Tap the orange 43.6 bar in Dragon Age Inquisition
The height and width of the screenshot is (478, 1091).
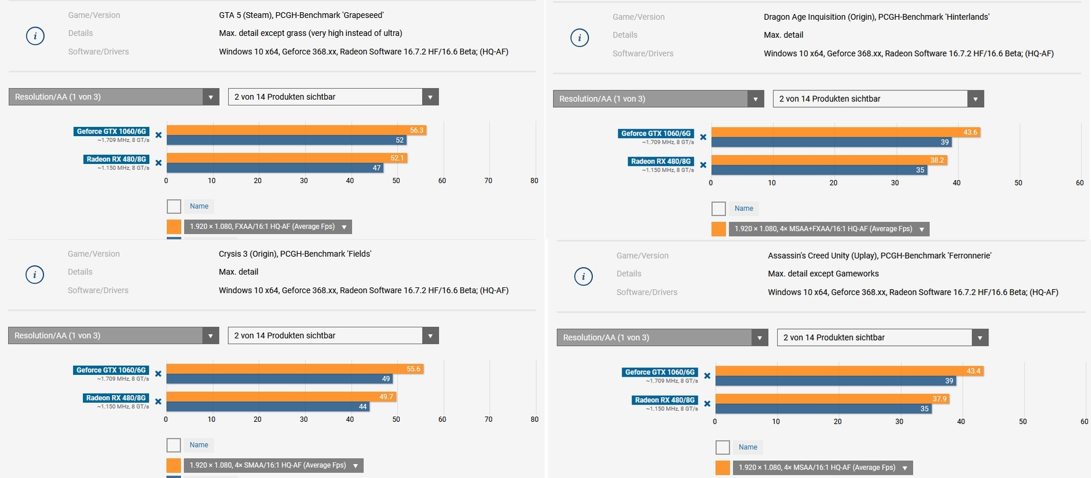(845, 133)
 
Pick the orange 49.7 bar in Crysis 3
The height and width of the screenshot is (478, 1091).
(281, 397)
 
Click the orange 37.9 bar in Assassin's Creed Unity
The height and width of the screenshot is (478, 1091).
(832, 399)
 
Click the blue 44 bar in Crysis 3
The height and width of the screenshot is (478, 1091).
(268, 407)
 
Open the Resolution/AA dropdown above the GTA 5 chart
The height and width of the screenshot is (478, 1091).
(114, 97)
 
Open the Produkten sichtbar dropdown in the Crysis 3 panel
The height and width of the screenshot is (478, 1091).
(333, 335)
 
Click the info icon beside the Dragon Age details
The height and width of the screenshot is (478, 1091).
(580, 38)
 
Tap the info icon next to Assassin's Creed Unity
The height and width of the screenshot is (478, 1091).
(583, 276)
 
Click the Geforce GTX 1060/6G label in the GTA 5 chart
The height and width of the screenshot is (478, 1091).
(111, 132)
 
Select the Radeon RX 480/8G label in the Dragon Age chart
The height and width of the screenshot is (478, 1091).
(661, 162)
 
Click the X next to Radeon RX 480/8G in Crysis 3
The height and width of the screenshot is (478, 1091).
(158, 402)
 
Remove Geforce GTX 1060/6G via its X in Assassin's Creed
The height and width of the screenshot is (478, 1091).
(707, 376)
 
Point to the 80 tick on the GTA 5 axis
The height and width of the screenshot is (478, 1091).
(534, 181)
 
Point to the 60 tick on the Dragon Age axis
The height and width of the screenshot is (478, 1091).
(1079, 183)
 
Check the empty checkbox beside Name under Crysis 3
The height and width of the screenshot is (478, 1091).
(174, 445)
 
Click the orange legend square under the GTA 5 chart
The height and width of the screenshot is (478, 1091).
(174, 227)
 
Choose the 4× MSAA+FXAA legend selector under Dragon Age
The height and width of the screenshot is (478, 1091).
(829, 229)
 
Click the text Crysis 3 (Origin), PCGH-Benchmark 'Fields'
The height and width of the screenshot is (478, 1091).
(295, 254)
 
